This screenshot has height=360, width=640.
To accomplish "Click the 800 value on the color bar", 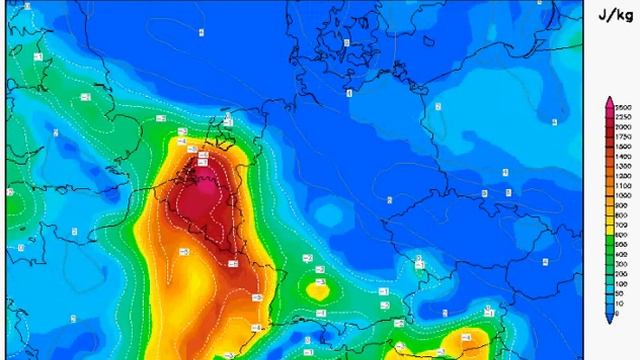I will tap(622, 215).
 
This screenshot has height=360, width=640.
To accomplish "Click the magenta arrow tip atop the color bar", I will tap(608, 101).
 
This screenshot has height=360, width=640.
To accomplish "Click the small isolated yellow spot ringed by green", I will tap(318, 291).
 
